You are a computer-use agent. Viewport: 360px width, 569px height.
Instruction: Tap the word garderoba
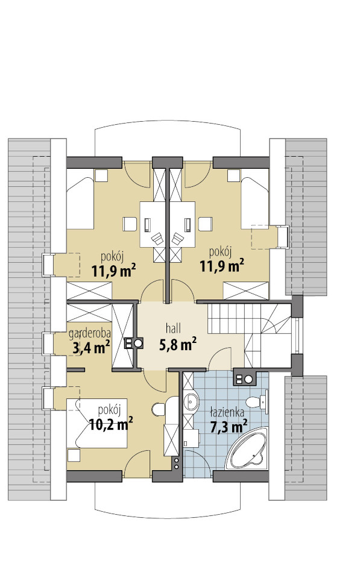coord(90,333)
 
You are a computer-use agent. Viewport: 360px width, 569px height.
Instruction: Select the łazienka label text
coord(227,412)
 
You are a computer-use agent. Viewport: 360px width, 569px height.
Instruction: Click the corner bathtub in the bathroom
coord(247,449)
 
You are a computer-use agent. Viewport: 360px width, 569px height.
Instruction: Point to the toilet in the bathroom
coord(257,401)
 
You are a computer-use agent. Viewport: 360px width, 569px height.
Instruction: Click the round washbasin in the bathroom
coord(191,401)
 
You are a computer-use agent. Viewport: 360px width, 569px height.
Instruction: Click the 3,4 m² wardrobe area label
coord(92,348)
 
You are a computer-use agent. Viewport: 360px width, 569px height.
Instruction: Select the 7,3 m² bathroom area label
coord(229,426)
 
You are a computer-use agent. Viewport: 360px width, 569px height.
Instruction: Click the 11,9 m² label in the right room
coord(222,265)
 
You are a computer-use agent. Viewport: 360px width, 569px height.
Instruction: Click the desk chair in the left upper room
coord(157,239)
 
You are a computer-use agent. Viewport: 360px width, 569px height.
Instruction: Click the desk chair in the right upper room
coord(178,239)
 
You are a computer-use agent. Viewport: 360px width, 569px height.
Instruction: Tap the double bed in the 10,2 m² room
coord(97,423)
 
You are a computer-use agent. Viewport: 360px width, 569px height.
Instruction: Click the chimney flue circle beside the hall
coord(138,343)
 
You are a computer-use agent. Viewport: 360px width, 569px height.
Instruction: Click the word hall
coord(173,329)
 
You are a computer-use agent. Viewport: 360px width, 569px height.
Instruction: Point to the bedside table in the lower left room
coord(74,455)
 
